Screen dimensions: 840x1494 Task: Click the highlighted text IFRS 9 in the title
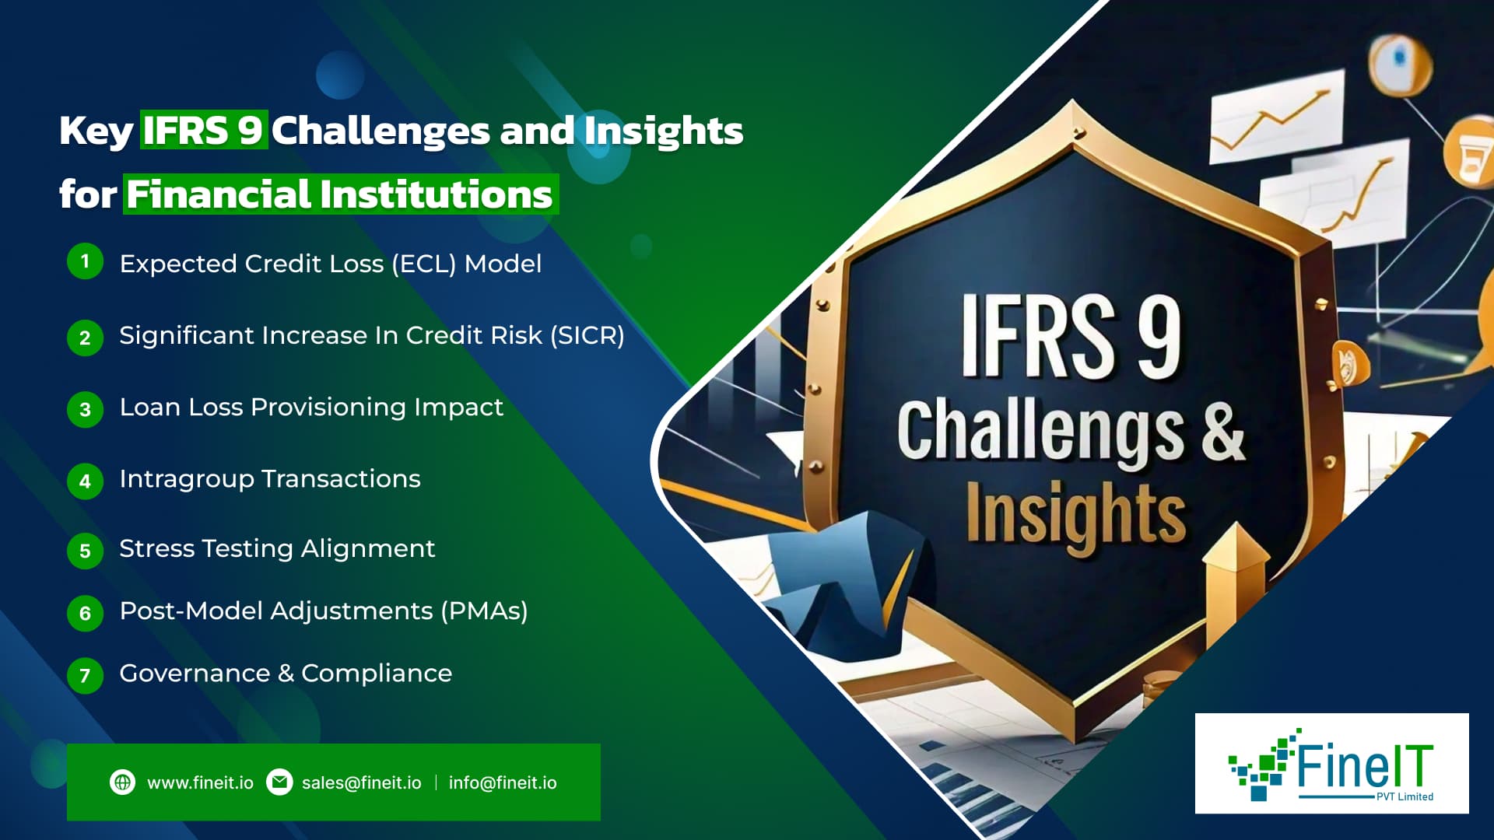coord(204,130)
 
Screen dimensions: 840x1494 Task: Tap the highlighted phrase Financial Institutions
coord(340,194)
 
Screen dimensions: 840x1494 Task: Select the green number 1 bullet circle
coord(85,261)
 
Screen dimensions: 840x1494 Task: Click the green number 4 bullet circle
coord(85,481)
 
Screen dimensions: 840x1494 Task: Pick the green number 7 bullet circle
coord(85,675)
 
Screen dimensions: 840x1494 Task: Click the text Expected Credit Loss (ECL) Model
coord(330,264)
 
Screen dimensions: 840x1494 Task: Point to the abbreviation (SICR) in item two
coord(587,335)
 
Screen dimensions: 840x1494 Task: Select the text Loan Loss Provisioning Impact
coord(311,407)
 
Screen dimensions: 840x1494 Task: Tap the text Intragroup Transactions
coord(270,478)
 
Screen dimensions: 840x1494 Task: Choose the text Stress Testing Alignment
coord(277,548)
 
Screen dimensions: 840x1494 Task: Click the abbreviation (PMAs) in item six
coord(484,611)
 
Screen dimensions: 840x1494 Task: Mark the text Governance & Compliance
coord(286,673)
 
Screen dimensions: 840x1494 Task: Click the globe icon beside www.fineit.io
coord(122,782)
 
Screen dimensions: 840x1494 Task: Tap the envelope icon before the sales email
coord(279,782)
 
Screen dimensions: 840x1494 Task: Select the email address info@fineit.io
coord(503,782)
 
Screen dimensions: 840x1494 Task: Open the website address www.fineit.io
coord(200,782)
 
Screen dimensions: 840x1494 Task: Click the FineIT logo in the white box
coord(1331,764)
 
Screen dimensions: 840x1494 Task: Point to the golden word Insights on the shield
coord(1076,515)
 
